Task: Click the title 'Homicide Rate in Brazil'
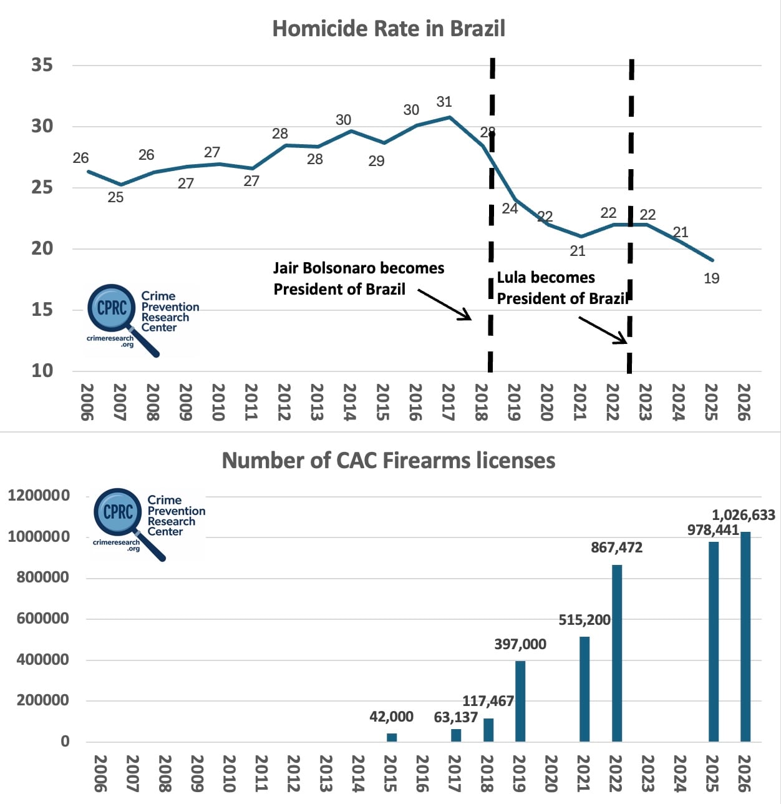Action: click(x=389, y=29)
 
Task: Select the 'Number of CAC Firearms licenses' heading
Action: click(x=389, y=460)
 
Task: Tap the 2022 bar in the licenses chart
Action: click(x=617, y=653)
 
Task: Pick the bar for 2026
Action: click(x=745, y=637)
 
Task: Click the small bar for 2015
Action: click(x=392, y=737)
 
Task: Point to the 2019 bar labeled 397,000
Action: click(x=520, y=702)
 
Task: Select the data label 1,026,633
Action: click(x=744, y=515)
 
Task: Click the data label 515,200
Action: click(x=585, y=620)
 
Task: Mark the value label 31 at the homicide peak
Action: click(x=444, y=102)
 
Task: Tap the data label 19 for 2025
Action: click(x=712, y=278)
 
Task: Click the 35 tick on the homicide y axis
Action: click(x=42, y=65)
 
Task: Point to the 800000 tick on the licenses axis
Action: click(x=42, y=577)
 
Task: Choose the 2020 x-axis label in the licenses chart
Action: click(x=551, y=773)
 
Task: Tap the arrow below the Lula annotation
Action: click(x=603, y=330)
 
